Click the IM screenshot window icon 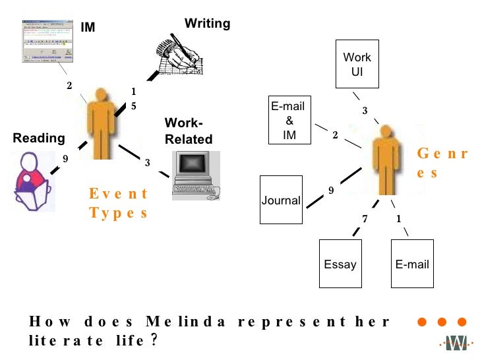(44, 43)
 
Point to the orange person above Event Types (101, 123)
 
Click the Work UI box (358, 64)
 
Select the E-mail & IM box (289, 121)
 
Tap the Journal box (282, 200)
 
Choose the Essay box (340, 264)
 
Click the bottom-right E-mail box (412, 264)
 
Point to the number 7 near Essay (364, 218)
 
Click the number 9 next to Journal (331, 191)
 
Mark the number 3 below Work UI (365, 111)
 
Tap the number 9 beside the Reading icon (65, 158)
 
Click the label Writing (207, 24)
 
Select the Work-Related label (189, 131)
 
